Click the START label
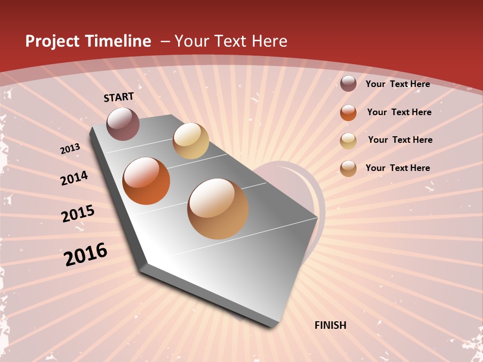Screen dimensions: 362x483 [119, 97]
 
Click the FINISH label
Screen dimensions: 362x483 [330, 325]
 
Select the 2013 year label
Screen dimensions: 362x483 [70, 149]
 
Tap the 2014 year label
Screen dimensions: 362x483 [74, 178]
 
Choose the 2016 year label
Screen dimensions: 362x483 [86, 254]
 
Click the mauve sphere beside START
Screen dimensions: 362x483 [123, 124]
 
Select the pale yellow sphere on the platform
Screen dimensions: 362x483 [191, 141]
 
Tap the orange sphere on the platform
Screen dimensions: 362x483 [146, 181]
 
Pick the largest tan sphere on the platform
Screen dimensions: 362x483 [218, 209]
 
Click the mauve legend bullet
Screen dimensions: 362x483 [348, 84]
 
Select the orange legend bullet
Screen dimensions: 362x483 [348, 113]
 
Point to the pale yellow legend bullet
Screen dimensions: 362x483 [348, 141]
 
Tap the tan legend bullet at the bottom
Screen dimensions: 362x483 [348, 168]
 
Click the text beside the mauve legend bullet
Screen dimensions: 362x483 [397, 84]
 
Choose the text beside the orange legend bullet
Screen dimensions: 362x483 [399, 112]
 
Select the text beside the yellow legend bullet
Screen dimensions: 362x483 [400, 140]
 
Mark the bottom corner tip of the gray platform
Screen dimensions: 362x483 [272, 327]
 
